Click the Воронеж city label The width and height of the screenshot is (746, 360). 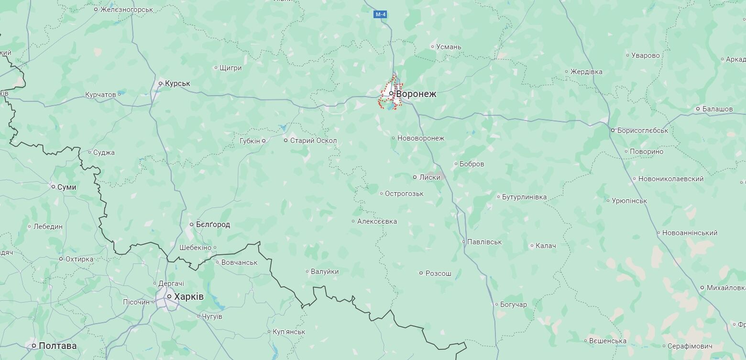(x=416, y=94)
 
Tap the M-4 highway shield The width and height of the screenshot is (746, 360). (x=380, y=14)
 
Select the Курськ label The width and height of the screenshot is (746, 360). (x=177, y=84)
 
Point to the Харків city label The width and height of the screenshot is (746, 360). (x=189, y=297)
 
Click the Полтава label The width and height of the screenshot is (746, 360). (x=57, y=346)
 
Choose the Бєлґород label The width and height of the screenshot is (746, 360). (x=213, y=225)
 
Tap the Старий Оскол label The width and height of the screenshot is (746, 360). (x=313, y=141)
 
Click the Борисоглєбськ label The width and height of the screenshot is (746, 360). (x=643, y=130)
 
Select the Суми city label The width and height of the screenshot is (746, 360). (x=66, y=187)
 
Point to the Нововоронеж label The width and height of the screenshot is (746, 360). (x=421, y=138)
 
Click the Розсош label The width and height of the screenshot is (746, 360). (x=439, y=273)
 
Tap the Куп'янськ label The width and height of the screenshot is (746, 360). (x=289, y=332)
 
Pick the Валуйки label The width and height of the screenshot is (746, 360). (x=325, y=272)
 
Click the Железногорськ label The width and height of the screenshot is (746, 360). (x=127, y=10)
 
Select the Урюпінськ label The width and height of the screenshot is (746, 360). (x=629, y=201)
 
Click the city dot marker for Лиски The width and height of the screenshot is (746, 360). (x=415, y=177)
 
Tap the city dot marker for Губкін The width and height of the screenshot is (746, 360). (x=263, y=141)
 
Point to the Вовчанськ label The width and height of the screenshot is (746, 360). (x=239, y=262)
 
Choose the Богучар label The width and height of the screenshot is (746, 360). (x=513, y=305)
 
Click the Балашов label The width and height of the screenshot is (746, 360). (x=717, y=109)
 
